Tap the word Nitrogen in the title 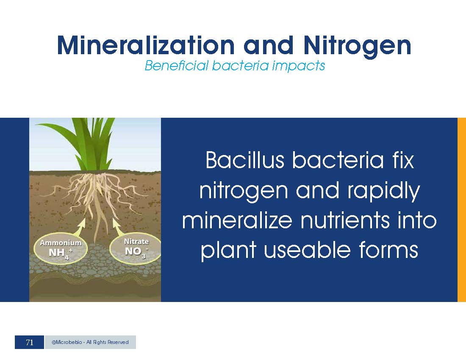tap(357, 46)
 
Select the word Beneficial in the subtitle tap(177, 65)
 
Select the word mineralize tap(237, 220)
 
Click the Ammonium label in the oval tap(61, 243)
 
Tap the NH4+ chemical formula tap(61, 253)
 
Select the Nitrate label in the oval tap(136, 241)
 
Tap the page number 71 tap(29, 343)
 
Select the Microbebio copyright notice tap(90, 342)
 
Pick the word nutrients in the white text tap(345, 220)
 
